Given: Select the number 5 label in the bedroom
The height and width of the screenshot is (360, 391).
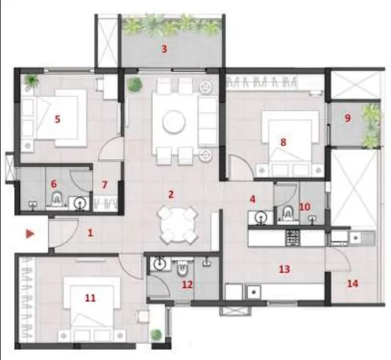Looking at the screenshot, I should click(x=58, y=119).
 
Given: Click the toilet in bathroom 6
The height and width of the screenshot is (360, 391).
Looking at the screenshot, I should click(x=57, y=199).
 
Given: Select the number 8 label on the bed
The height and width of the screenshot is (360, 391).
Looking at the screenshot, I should click(x=283, y=141).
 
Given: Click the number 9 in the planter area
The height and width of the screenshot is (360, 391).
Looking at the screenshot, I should click(x=348, y=119).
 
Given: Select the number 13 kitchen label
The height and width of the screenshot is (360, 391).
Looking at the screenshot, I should click(x=284, y=269).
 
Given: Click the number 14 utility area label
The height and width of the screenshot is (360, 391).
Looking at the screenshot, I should click(x=352, y=283).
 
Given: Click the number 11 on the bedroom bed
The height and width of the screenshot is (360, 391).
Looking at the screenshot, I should click(x=90, y=298).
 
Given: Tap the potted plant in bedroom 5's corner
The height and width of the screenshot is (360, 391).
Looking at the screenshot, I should click(x=29, y=81).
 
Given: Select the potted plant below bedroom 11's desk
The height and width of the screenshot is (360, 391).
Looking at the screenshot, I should click(x=156, y=335).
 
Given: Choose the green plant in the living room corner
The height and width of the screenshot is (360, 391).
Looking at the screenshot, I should click(x=135, y=85).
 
